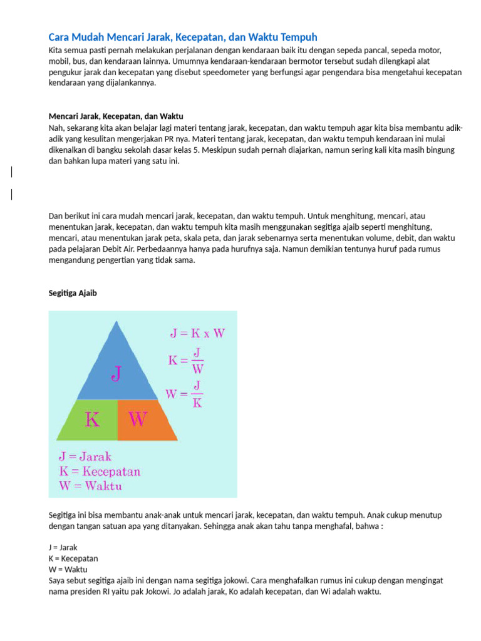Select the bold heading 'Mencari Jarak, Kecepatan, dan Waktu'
pyautogui.click(x=116, y=116)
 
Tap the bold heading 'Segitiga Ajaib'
pyautogui.click(x=73, y=293)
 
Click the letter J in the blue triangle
pyautogui.click(x=116, y=374)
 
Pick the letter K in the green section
pyautogui.click(x=91, y=419)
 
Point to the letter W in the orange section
pyautogui.click(x=138, y=419)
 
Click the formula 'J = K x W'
pyautogui.click(x=197, y=333)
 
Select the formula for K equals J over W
pyautogui.click(x=185, y=361)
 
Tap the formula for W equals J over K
pyautogui.click(x=184, y=394)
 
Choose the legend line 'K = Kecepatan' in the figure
pyautogui.click(x=99, y=471)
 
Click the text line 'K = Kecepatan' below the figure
pyautogui.click(x=73, y=558)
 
